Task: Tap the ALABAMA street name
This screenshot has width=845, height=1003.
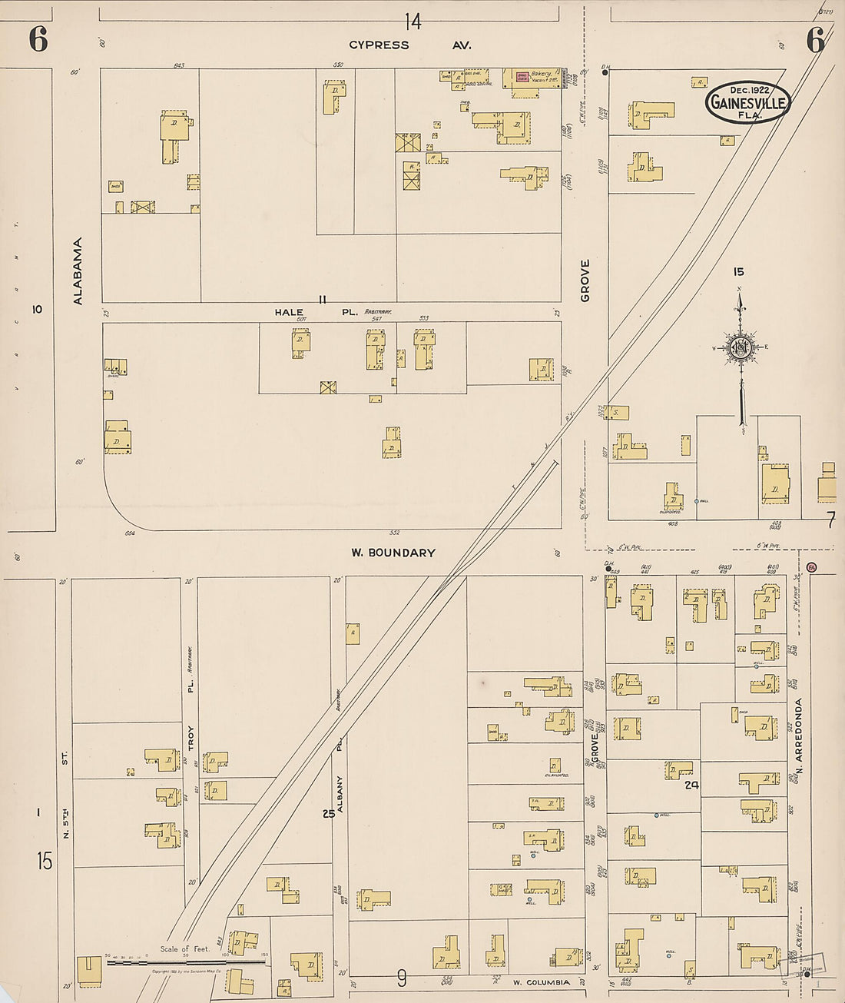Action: (78, 271)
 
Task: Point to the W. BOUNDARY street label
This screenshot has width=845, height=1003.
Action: (393, 553)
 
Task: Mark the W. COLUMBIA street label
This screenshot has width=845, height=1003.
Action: (542, 982)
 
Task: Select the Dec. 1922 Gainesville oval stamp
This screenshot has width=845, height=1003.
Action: (747, 102)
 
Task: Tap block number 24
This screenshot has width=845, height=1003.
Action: (691, 785)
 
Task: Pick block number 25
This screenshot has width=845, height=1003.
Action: (329, 813)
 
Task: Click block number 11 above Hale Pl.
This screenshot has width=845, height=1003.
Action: (323, 299)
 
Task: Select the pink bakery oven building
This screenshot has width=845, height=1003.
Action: (522, 77)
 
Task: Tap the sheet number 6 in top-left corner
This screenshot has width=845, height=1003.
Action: (38, 39)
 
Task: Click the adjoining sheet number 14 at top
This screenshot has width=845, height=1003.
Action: (413, 22)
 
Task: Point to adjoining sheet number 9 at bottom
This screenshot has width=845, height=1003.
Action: (402, 978)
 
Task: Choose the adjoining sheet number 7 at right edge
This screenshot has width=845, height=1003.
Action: (830, 521)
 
